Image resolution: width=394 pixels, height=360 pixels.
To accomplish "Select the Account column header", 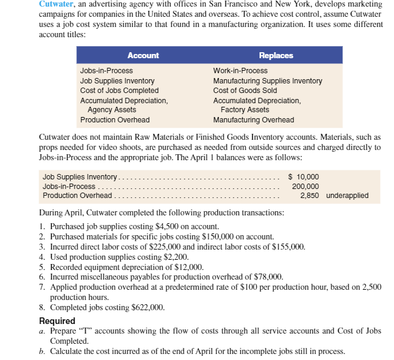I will point(143,56).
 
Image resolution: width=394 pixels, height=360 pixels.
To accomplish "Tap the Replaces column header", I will point(276,56).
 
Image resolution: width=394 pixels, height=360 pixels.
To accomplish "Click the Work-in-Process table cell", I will point(240,71).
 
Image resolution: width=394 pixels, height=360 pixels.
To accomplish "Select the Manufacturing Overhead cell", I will point(253,119).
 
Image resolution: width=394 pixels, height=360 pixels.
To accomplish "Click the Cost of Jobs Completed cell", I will point(119,91).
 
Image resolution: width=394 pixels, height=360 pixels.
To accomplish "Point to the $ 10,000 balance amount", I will point(304,176).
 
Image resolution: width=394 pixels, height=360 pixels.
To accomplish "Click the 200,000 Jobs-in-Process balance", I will point(306,186).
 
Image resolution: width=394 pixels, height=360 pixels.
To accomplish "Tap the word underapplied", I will point(347,196).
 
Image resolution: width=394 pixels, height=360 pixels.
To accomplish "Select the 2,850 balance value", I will point(310,196).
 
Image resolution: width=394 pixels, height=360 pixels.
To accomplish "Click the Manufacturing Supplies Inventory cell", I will point(267,81).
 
